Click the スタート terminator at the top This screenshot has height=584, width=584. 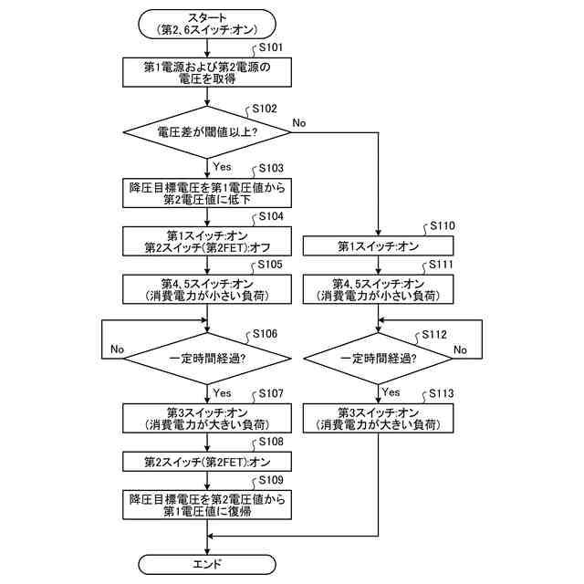207,25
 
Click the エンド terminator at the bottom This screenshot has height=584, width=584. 207,564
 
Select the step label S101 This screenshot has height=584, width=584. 271,47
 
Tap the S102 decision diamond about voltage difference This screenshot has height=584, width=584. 207,132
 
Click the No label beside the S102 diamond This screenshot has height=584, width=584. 299,122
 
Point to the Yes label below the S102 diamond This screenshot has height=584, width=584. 222,166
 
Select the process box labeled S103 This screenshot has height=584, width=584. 207,193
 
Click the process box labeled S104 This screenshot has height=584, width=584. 207,241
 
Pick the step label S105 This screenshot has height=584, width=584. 270,265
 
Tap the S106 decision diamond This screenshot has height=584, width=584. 207,359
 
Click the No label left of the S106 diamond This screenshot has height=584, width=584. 117,349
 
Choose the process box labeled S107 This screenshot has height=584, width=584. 207,419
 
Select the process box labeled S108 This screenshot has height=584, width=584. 207,462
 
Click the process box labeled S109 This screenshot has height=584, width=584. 207,505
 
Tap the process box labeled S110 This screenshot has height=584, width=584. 378,245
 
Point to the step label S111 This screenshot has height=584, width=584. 441,265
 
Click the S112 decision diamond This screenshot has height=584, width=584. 378,359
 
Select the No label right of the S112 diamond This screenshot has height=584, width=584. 460,349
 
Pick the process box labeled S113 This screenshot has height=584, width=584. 378,419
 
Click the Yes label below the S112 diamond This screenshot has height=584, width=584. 391,392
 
